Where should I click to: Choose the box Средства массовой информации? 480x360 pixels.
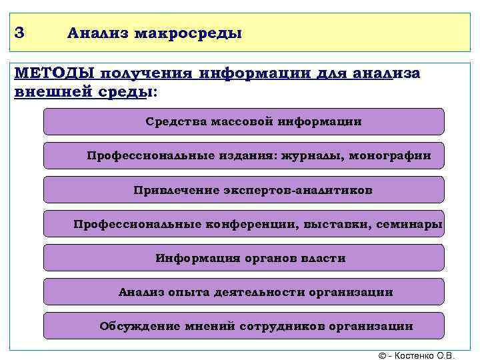(x=243, y=122)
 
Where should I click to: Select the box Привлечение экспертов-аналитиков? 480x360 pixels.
(x=243, y=190)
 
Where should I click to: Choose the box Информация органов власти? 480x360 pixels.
(x=243, y=258)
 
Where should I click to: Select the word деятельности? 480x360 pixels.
(x=260, y=292)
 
